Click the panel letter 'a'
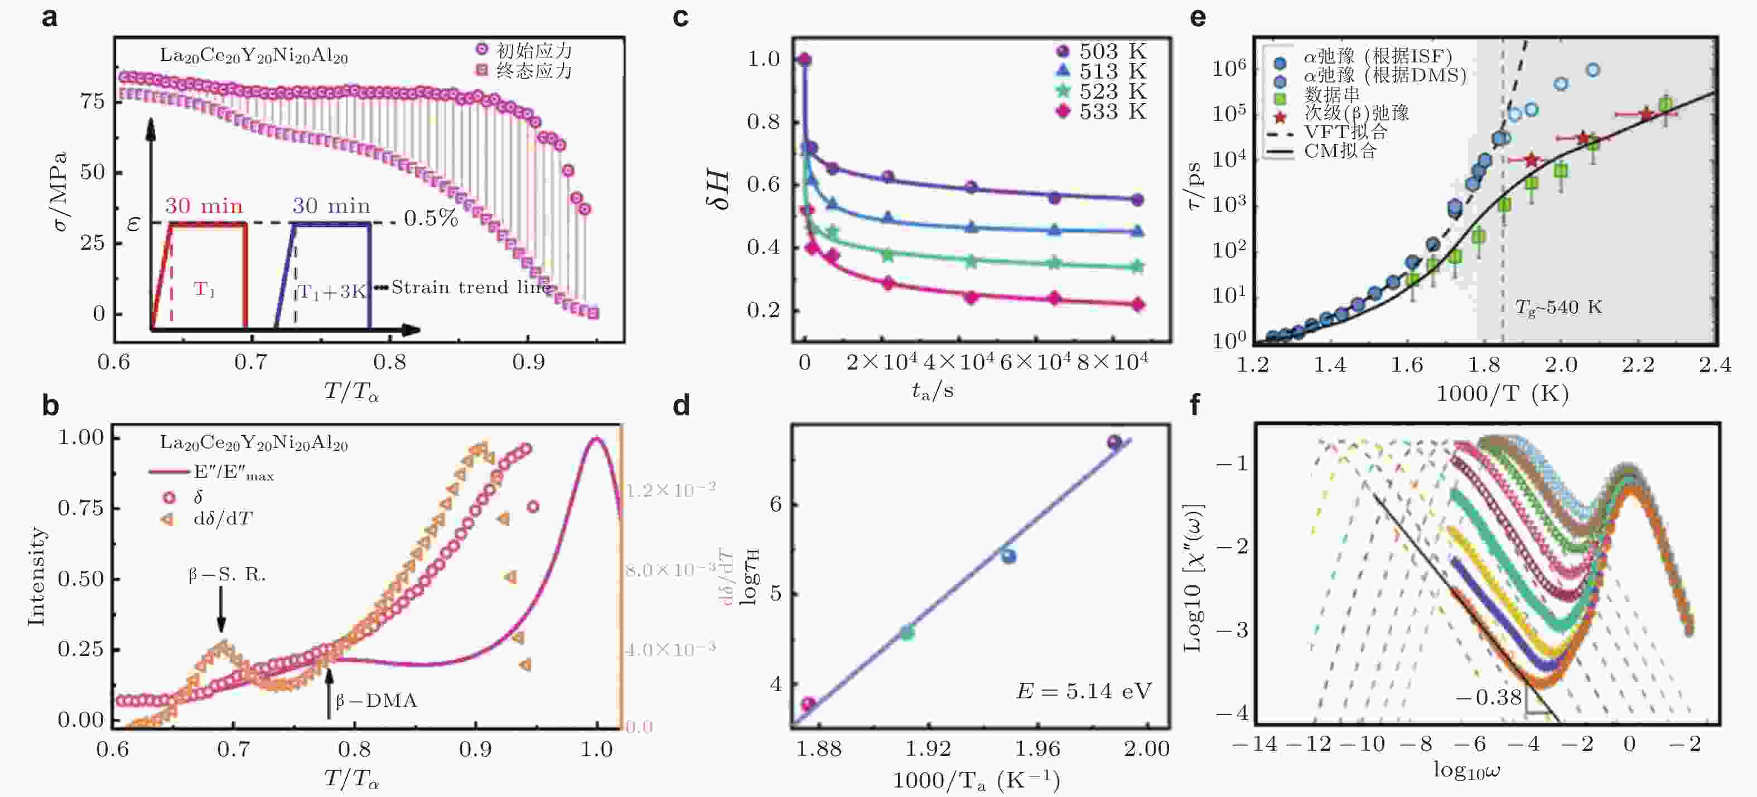click(x=49, y=16)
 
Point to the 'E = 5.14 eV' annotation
click(x=1083, y=691)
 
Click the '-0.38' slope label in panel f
click(x=1488, y=697)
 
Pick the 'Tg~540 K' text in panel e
click(x=1558, y=308)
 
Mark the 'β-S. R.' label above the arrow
click(x=227, y=575)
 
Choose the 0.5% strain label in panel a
click(x=431, y=218)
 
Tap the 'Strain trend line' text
click(x=471, y=288)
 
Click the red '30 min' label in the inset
click(x=204, y=206)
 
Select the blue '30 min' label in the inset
click(x=331, y=206)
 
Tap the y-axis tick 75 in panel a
click(x=92, y=101)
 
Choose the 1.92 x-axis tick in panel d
click(x=928, y=749)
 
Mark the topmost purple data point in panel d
click(x=1114, y=442)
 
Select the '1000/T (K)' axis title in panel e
click(x=1503, y=393)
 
